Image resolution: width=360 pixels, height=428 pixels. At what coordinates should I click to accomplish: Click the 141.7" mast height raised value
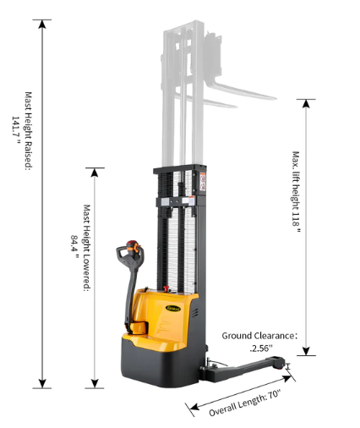coord(15,130)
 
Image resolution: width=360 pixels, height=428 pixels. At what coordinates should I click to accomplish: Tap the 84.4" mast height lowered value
coord(74,246)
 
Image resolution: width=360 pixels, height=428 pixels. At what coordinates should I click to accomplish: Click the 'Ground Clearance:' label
coord(259,336)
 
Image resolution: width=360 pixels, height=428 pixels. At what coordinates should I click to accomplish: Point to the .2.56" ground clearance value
coord(261,348)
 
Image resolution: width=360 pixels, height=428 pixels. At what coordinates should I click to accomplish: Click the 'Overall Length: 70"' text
coord(245,403)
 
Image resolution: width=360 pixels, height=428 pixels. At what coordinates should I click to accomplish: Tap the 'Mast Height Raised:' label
coord(29,131)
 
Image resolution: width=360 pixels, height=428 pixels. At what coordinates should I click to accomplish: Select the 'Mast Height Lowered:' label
coord(87,248)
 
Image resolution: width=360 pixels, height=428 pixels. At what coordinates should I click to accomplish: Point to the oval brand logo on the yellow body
coord(174,308)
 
